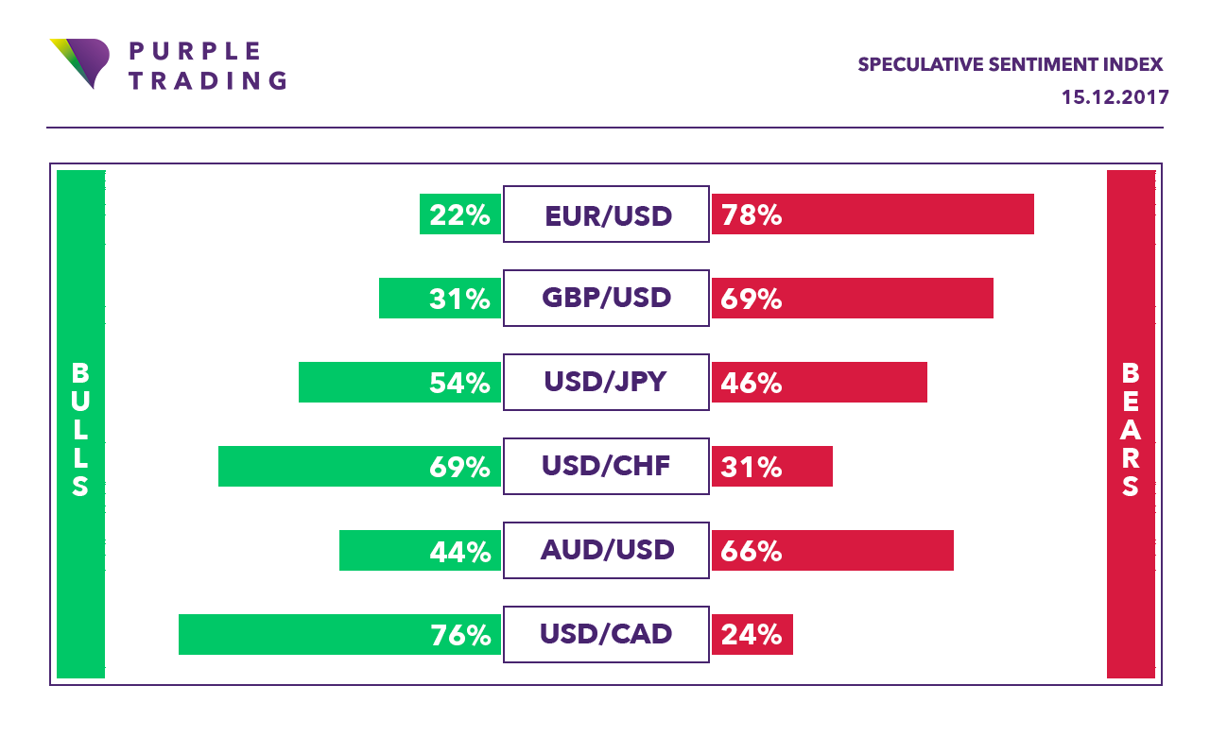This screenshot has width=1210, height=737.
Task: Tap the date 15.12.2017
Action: coord(1115,97)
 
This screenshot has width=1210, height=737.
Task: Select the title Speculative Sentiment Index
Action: coord(1010,65)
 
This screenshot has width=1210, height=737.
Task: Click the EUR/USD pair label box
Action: coord(606,214)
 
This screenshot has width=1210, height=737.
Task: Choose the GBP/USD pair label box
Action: coord(606,299)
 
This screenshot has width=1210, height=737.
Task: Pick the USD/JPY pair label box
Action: coord(606,383)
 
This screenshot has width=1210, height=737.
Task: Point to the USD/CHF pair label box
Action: coord(606,467)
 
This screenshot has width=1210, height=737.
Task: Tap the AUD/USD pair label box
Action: coord(606,550)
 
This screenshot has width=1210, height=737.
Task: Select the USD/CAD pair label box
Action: coord(606,634)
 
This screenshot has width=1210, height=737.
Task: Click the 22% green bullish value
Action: coord(460,215)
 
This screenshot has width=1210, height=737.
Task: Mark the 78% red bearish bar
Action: coord(873,214)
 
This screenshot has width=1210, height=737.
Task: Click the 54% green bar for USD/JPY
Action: coord(400,383)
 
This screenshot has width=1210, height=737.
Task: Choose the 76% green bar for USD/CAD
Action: coord(339,634)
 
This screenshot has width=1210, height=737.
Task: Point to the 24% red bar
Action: coord(752,634)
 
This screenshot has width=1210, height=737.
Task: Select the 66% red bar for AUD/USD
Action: coord(833,550)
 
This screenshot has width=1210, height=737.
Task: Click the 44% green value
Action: coord(460,551)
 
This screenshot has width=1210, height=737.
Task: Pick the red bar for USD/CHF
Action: coord(772,467)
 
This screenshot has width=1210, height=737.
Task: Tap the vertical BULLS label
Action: coord(80,430)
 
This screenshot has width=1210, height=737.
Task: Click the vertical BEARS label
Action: coord(1131,430)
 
